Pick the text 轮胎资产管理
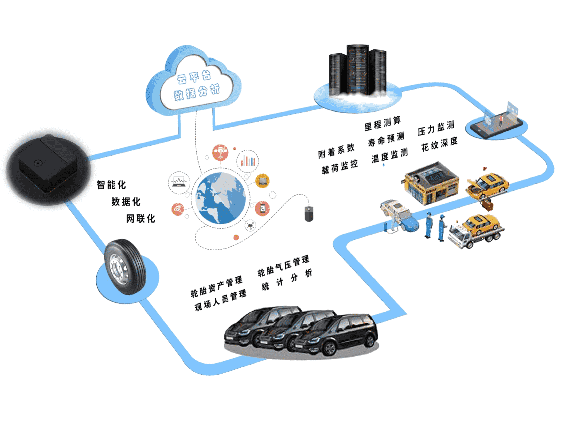tap(216, 286)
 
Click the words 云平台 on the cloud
tap(194, 77)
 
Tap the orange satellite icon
tap(220, 152)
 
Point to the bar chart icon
tap(248, 161)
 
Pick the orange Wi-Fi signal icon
tap(178, 209)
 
